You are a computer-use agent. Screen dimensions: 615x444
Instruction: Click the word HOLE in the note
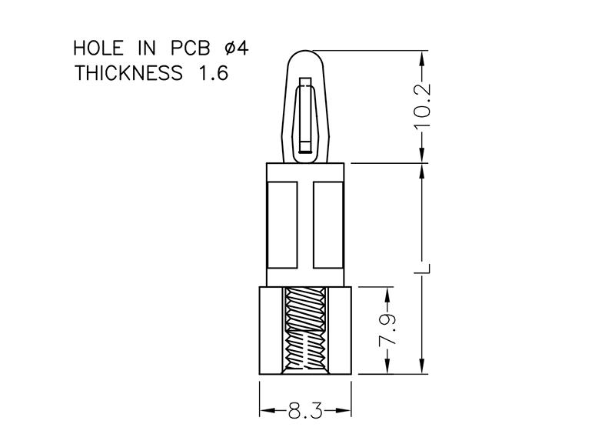tap(98, 48)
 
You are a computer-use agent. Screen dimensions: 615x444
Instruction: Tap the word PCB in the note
tap(190, 48)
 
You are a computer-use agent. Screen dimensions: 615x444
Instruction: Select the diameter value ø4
tap(237, 48)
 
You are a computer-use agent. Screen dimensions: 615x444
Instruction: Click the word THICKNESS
tap(128, 73)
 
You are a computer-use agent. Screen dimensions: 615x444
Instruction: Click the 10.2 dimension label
tap(423, 106)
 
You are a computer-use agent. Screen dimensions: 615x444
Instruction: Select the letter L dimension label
tap(424, 268)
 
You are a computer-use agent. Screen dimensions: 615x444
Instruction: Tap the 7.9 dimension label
tap(388, 330)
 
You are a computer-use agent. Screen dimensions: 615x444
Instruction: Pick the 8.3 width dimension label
tap(305, 411)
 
